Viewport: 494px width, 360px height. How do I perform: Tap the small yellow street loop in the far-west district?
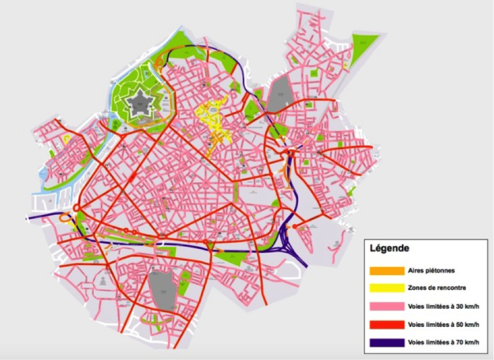click(66, 139)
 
